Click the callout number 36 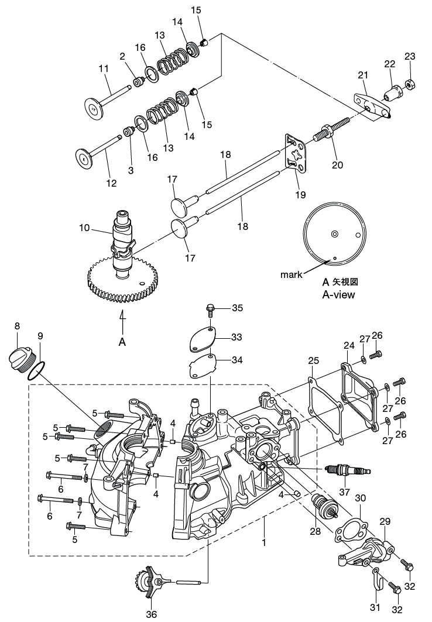[x=152, y=614]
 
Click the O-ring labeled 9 [x=37, y=370]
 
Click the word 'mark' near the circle [x=291, y=274]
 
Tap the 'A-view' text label [x=338, y=294]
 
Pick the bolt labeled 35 [x=210, y=308]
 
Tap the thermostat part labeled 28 [x=323, y=505]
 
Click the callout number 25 [x=313, y=360]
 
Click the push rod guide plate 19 [x=295, y=153]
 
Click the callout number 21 [x=362, y=75]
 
